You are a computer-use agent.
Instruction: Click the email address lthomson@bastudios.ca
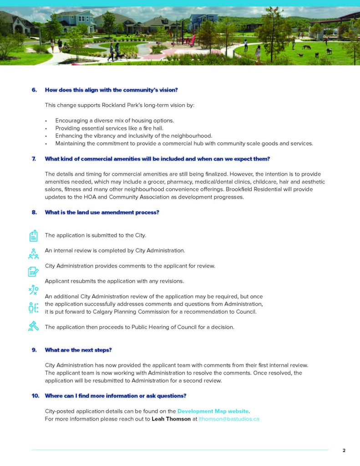click(x=229, y=419)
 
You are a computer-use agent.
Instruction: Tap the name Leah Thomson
click(x=171, y=419)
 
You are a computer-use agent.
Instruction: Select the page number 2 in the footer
click(x=344, y=451)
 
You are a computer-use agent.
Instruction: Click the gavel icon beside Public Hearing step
click(x=33, y=326)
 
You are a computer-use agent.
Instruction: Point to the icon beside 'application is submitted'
click(x=33, y=235)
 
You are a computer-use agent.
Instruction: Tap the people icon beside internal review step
click(x=33, y=253)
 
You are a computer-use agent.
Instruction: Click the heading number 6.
click(x=34, y=90)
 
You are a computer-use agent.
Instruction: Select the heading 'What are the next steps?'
click(x=78, y=350)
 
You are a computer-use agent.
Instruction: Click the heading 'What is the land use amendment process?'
click(x=102, y=212)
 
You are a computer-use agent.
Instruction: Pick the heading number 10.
click(x=35, y=395)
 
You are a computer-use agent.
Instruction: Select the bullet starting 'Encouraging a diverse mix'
click(x=115, y=120)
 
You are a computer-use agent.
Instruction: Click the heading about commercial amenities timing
click(x=157, y=159)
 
